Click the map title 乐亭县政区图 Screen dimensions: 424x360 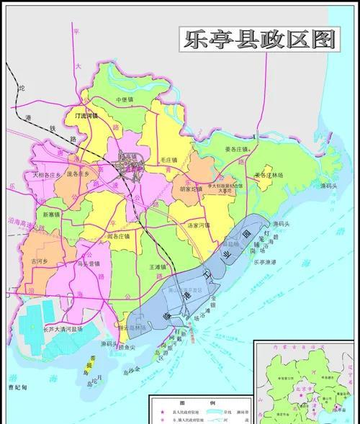coord(257,40)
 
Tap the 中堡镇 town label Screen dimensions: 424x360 coord(127,100)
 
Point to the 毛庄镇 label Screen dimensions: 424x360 coord(168,159)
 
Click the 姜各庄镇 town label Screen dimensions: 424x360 coord(235,149)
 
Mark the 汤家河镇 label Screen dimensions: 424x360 coord(198,225)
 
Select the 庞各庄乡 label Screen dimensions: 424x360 coord(78,174)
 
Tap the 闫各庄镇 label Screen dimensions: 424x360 coord(118,235)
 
